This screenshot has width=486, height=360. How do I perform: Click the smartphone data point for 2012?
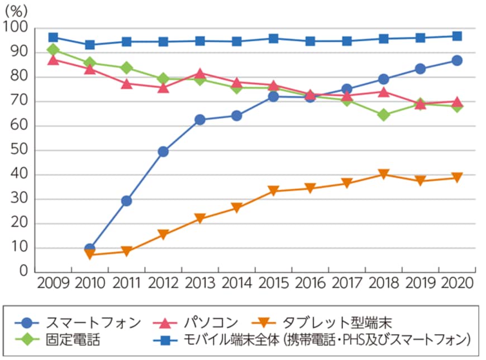[163, 151]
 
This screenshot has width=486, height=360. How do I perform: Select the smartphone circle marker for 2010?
[90, 248]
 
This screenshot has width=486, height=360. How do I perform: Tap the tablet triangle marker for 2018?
[383, 175]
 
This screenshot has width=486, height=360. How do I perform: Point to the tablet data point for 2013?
[200, 219]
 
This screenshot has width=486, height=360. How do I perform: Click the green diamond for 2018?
[383, 115]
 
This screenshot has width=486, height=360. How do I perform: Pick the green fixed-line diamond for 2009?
[53, 50]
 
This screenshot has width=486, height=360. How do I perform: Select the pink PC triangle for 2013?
[200, 74]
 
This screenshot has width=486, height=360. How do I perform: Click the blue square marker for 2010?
[90, 45]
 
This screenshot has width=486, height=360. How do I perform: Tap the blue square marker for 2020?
[456, 36]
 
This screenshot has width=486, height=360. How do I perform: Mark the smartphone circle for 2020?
[456, 60]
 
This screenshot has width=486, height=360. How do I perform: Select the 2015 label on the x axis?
[273, 282]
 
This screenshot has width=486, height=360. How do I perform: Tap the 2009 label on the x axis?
[53, 282]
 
